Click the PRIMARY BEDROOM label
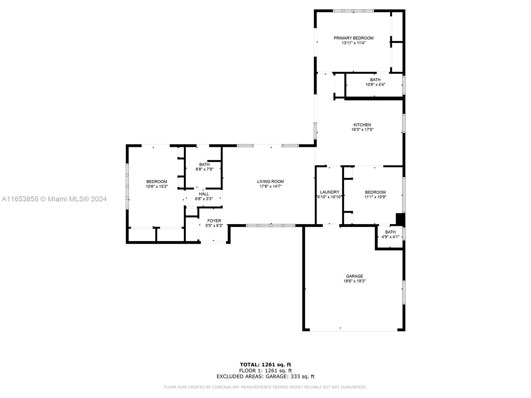coord(353,38)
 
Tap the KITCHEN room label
coord(362,125)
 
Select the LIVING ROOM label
coord(270,181)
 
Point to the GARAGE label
coord(354,276)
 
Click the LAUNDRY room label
coord(330,192)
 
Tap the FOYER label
coord(214,221)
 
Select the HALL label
coord(204,194)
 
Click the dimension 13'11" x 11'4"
coord(353,43)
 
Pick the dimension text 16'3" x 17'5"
coord(362,130)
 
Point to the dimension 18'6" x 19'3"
coord(354,281)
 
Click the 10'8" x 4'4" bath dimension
coord(375,85)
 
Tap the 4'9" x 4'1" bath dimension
coord(390,237)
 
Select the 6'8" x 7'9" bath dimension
coord(204,169)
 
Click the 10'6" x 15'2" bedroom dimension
coord(157,186)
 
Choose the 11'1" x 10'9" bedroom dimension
coord(375,197)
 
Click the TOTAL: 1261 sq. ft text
coord(265,365)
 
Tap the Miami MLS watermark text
coord(54,199)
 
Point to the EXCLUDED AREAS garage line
coord(265,376)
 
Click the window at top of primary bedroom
coord(353,11)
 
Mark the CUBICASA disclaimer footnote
coord(265,387)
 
